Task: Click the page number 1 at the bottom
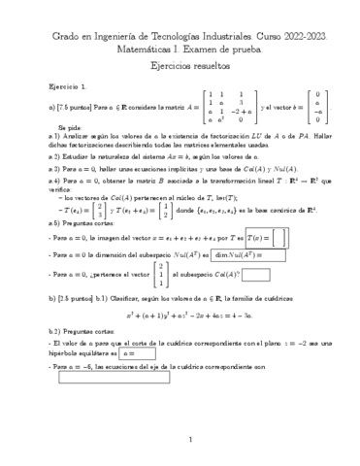click(x=180, y=440)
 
